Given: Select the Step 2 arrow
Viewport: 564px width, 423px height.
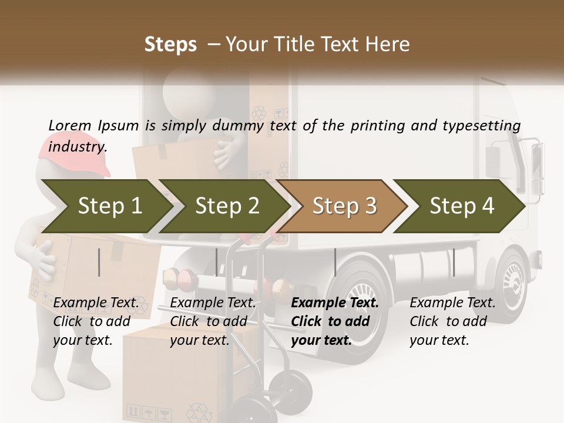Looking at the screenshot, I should (x=226, y=206).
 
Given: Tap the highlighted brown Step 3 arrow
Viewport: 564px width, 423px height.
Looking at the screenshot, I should (x=344, y=206).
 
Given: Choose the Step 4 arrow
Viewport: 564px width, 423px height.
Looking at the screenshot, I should (x=461, y=206).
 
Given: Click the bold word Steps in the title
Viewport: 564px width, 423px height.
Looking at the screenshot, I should (x=170, y=45).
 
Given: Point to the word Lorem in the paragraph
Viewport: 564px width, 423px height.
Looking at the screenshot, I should (x=69, y=125).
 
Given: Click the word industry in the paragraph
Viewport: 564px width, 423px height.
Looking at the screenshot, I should (x=77, y=147).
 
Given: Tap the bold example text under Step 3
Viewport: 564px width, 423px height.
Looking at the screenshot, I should (x=335, y=321).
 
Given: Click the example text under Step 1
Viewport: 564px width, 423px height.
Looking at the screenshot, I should (x=96, y=321).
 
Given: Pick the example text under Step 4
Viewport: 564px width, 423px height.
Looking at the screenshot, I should (x=452, y=321).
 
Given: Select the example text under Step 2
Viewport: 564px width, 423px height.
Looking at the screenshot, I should (x=213, y=321).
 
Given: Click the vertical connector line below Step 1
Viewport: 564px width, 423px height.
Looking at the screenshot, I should (x=99, y=262).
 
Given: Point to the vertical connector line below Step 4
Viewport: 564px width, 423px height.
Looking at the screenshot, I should (x=454, y=262).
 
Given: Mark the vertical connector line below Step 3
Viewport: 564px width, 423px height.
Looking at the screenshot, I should (x=335, y=262).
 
